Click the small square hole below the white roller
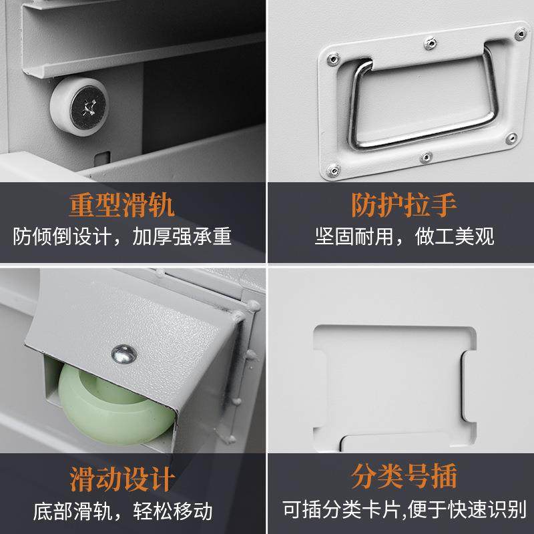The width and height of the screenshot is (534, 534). tap(103, 158)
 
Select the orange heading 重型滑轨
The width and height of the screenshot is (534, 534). tap(122, 206)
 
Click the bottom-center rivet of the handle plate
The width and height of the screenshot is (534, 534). tap(425, 158)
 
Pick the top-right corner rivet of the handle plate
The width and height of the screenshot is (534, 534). tap(520, 30)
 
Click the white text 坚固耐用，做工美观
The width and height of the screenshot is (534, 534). tap(405, 237)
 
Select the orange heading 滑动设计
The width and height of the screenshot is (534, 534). tap(122, 479)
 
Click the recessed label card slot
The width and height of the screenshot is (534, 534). tap(394, 387)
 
